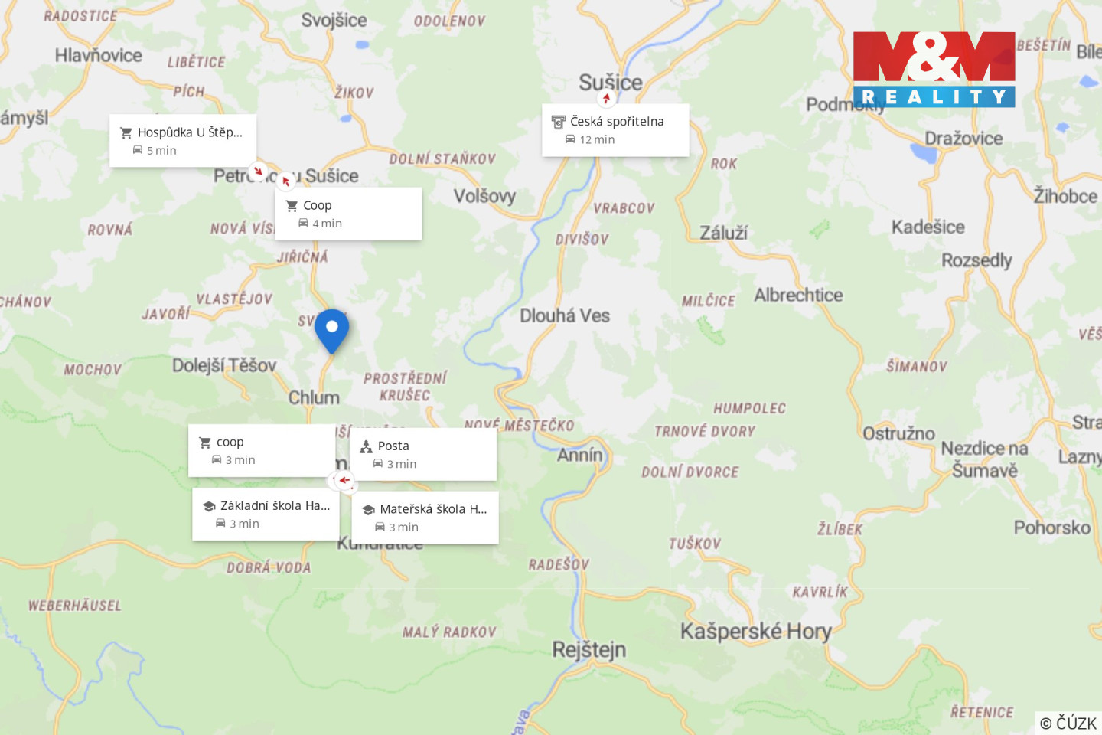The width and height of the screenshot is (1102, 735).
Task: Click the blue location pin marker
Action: [331, 330]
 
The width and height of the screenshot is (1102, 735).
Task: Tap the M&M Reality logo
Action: [934, 69]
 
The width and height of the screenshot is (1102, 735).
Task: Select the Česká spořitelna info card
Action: [615, 130]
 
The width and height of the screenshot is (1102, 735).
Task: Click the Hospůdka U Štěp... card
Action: [183, 141]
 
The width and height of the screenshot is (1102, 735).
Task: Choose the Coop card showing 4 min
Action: [348, 214]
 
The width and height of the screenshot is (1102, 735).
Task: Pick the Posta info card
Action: [423, 454]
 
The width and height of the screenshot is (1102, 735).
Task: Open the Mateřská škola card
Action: [425, 518]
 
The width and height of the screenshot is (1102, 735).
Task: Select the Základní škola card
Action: [266, 514]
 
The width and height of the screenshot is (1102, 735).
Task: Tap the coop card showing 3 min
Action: [262, 450]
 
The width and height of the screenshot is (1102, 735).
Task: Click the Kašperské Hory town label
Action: [755, 632]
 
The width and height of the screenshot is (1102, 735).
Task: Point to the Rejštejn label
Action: [588, 650]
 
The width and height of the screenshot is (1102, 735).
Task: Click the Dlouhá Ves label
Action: [565, 315]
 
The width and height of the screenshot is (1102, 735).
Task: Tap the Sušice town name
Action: [610, 82]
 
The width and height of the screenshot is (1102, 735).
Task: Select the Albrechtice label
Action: [798, 295]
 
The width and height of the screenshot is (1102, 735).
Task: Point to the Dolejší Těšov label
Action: [223, 365]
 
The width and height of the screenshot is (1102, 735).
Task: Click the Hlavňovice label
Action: [98, 55]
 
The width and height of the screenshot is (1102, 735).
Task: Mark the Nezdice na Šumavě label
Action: [984, 459]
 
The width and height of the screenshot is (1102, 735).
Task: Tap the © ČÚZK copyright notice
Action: [1068, 723]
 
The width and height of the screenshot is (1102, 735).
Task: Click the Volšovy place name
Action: [484, 196]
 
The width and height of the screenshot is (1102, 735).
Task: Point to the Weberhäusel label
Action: [75, 606]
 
